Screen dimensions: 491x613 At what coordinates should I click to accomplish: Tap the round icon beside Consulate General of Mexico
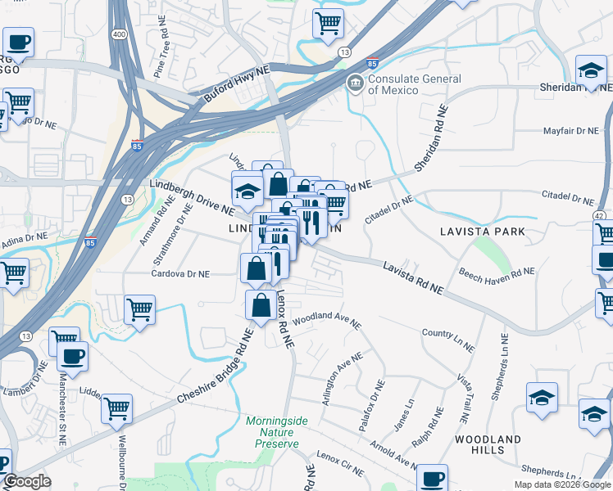tap(355, 83)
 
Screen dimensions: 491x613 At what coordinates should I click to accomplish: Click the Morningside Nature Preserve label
tap(277, 426)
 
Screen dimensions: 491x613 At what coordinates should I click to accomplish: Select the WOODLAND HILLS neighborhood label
tap(488, 445)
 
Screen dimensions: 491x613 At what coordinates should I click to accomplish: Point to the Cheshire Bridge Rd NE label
tap(212, 367)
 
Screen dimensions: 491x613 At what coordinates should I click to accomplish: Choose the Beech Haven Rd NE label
tap(497, 273)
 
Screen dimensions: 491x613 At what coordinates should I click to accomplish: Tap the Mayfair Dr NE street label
tap(571, 131)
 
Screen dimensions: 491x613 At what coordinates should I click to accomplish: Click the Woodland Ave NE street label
tap(326, 318)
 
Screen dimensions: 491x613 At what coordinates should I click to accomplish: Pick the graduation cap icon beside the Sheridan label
tap(591, 70)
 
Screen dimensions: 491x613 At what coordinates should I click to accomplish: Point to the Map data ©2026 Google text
tap(561, 484)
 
